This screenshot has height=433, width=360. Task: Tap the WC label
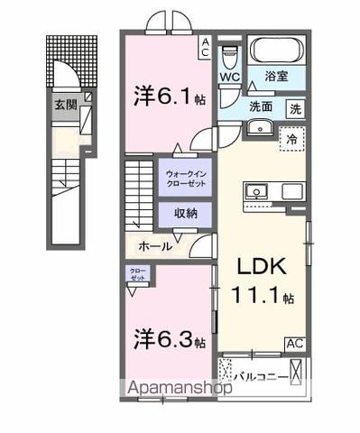(x=229, y=78)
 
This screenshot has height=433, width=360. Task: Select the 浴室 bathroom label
(x=277, y=78)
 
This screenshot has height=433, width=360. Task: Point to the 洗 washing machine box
(x=295, y=108)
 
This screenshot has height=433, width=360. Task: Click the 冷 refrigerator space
(x=291, y=140)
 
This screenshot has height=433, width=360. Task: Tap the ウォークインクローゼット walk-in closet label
(x=184, y=174)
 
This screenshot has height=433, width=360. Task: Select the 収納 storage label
(x=184, y=214)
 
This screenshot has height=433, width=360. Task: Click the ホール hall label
(x=155, y=244)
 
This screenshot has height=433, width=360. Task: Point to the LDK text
(x=261, y=268)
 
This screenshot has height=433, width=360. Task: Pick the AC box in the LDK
(x=294, y=344)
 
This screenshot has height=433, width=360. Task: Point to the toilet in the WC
(x=229, y=57)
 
